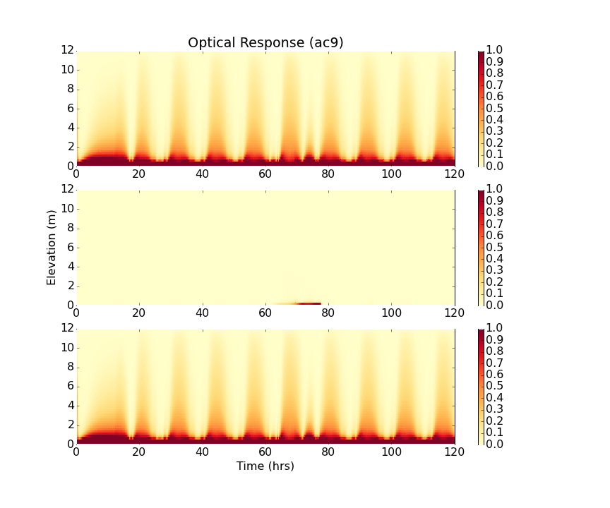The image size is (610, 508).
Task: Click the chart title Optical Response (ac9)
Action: click(265, 43)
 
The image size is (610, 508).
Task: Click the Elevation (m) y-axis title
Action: click(52, 247)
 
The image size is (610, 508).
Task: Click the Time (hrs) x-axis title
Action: click(265, 466)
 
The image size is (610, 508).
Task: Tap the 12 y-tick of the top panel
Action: click(67, 51)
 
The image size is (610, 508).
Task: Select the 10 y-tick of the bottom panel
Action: click(67, 348)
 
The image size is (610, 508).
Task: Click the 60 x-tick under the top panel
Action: click(265, 175)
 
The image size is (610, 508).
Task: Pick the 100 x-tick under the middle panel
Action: click(392, 314)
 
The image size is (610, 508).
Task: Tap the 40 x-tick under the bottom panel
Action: click(203, 453)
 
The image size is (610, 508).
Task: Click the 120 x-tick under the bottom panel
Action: click(455, 453)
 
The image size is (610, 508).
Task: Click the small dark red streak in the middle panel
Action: click(309, 303)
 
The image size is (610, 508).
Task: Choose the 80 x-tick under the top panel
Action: click(328, 175)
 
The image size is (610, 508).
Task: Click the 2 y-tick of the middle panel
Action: click(70, 286)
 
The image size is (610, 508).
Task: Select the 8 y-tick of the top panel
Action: click(70, 90)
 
